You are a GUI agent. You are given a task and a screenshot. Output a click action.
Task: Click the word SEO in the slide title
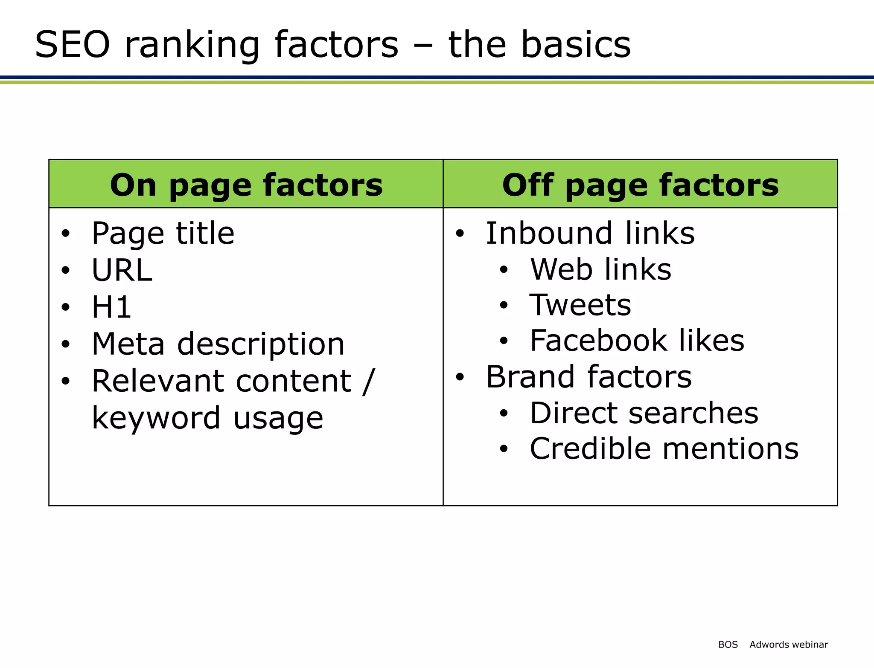tap(73, 45)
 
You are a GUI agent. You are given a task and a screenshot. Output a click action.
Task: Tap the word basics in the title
tap(576, 45)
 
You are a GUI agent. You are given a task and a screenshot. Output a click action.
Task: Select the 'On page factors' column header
tap(246, 185)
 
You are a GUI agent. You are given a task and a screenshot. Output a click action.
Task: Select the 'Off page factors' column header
tap(640, 185)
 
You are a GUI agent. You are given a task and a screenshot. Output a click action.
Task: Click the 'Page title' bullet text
tap(163, 234)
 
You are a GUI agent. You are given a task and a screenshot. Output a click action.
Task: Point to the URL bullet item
tap(122, 270)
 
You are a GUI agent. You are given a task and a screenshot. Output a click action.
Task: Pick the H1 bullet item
tap(111, 307)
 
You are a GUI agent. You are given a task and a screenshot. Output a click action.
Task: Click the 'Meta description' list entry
tap(218, 344)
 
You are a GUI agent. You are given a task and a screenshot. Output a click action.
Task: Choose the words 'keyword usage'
tap(207, 418)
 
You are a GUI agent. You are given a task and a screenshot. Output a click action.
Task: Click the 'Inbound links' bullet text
tap(590, 234)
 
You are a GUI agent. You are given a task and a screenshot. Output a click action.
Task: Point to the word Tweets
tap(580, 305)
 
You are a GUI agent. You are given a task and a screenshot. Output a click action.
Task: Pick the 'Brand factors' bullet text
tap(588, 377)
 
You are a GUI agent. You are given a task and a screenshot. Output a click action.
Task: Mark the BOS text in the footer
tap(728, 645)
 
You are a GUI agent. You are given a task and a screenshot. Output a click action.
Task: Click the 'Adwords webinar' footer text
tap(789, 645)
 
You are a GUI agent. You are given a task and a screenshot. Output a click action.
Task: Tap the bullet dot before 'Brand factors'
tap(460, 377)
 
